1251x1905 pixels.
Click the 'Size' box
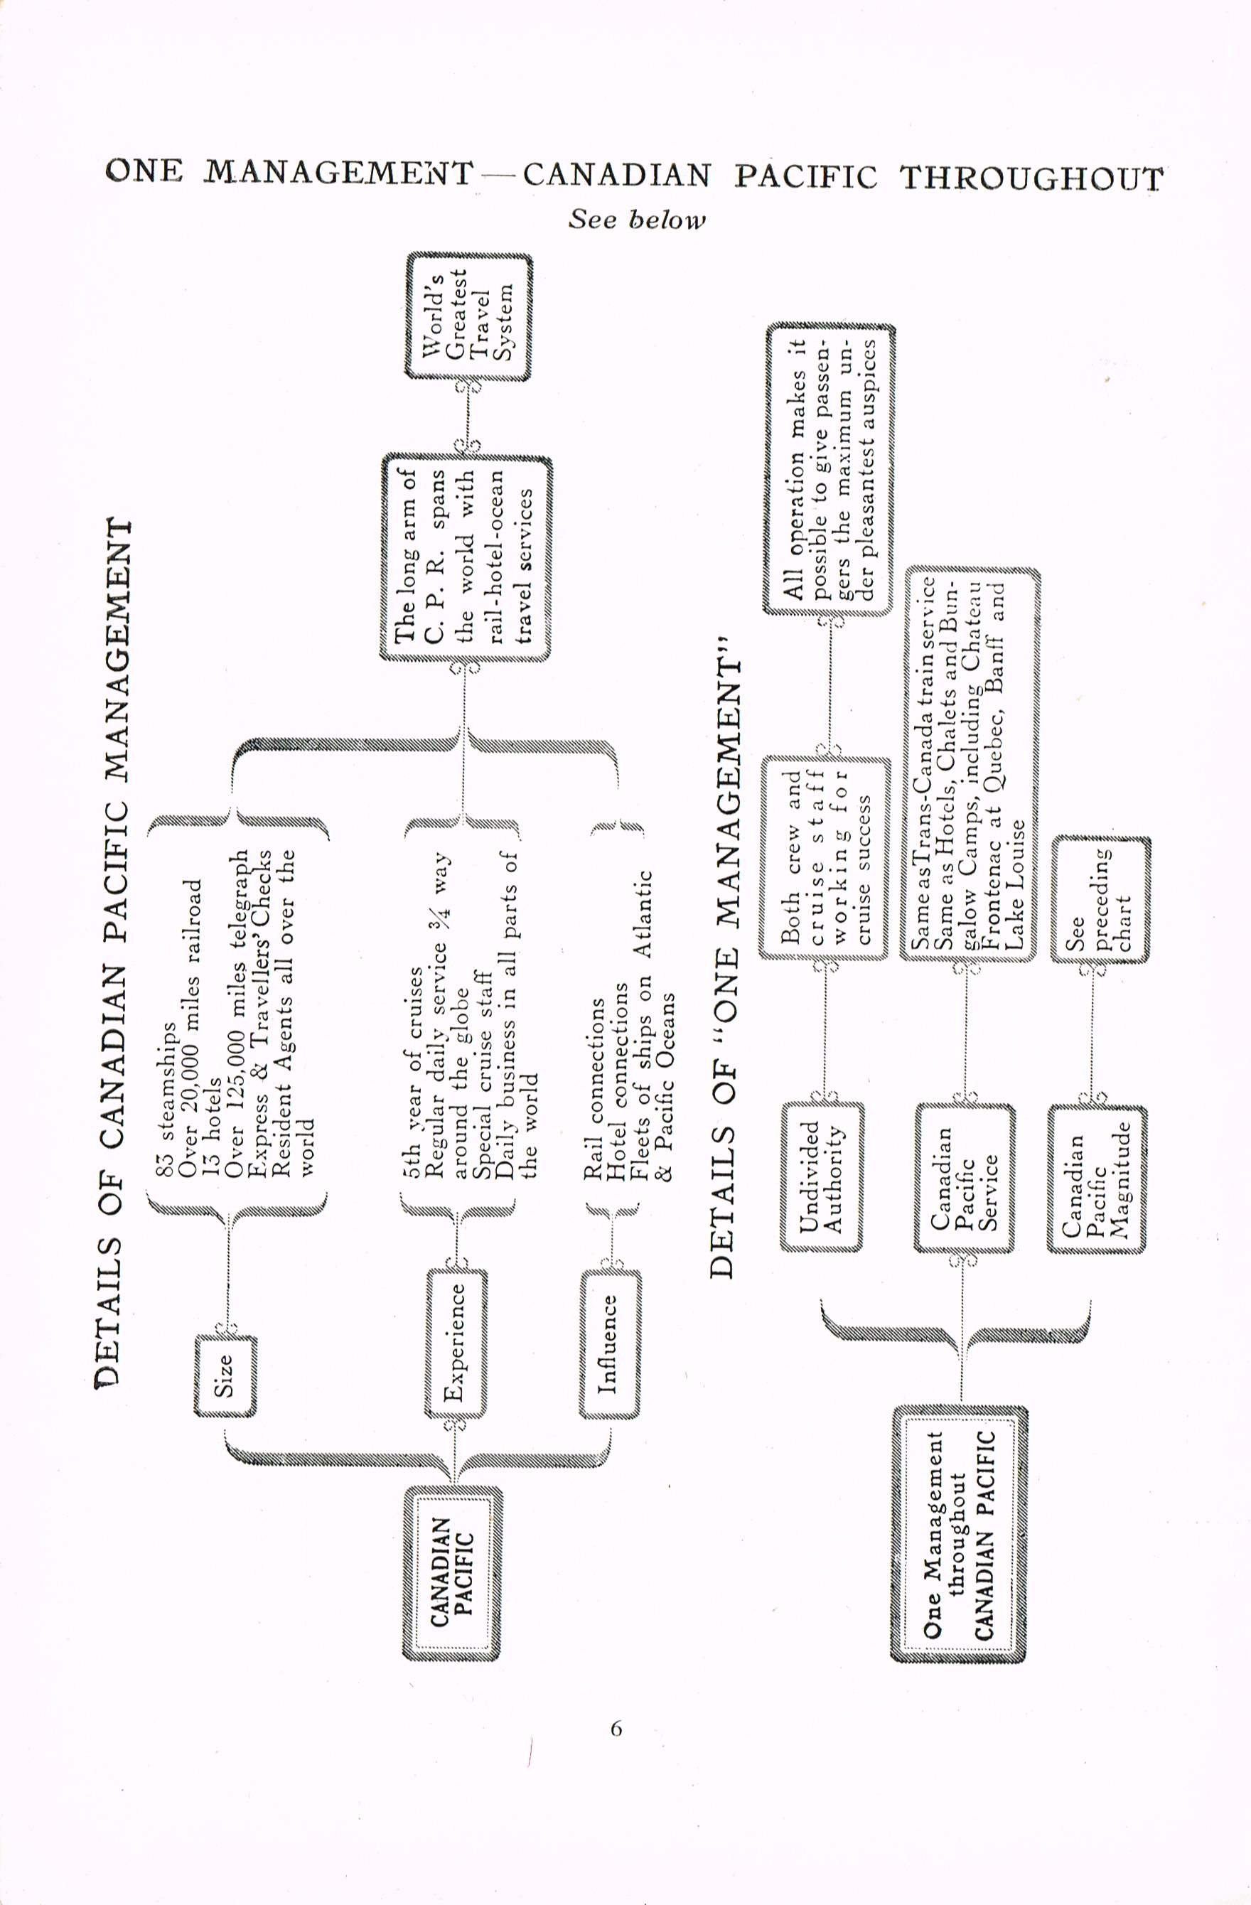click(x=226, y=1376)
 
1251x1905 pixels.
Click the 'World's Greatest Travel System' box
click(x=468, y=316)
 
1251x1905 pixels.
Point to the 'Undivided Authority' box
click(x=822, y=1176)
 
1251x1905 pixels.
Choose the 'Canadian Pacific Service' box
click(x=965, y=1177)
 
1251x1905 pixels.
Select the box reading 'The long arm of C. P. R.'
click(x=466, y=558)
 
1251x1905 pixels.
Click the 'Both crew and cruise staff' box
click(x=825, y=858)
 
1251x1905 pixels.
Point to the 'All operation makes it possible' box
click(x=830, y=469)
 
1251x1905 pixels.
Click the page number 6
click(x=616, y=1729)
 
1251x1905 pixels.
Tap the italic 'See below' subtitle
click(x=637, y=220)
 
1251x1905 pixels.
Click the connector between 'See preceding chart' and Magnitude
click(x=1092, y=1034)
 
